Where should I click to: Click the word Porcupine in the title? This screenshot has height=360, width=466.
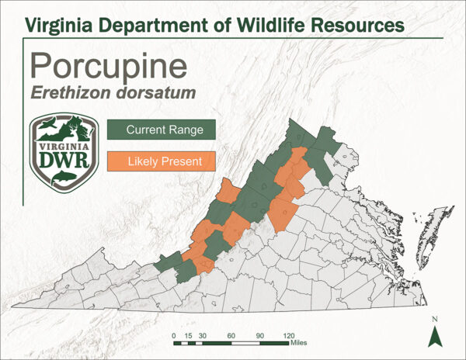coord(106,66)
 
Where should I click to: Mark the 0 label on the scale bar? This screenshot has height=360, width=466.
coord(174,334)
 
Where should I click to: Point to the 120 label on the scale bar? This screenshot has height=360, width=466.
coord(289,334)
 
